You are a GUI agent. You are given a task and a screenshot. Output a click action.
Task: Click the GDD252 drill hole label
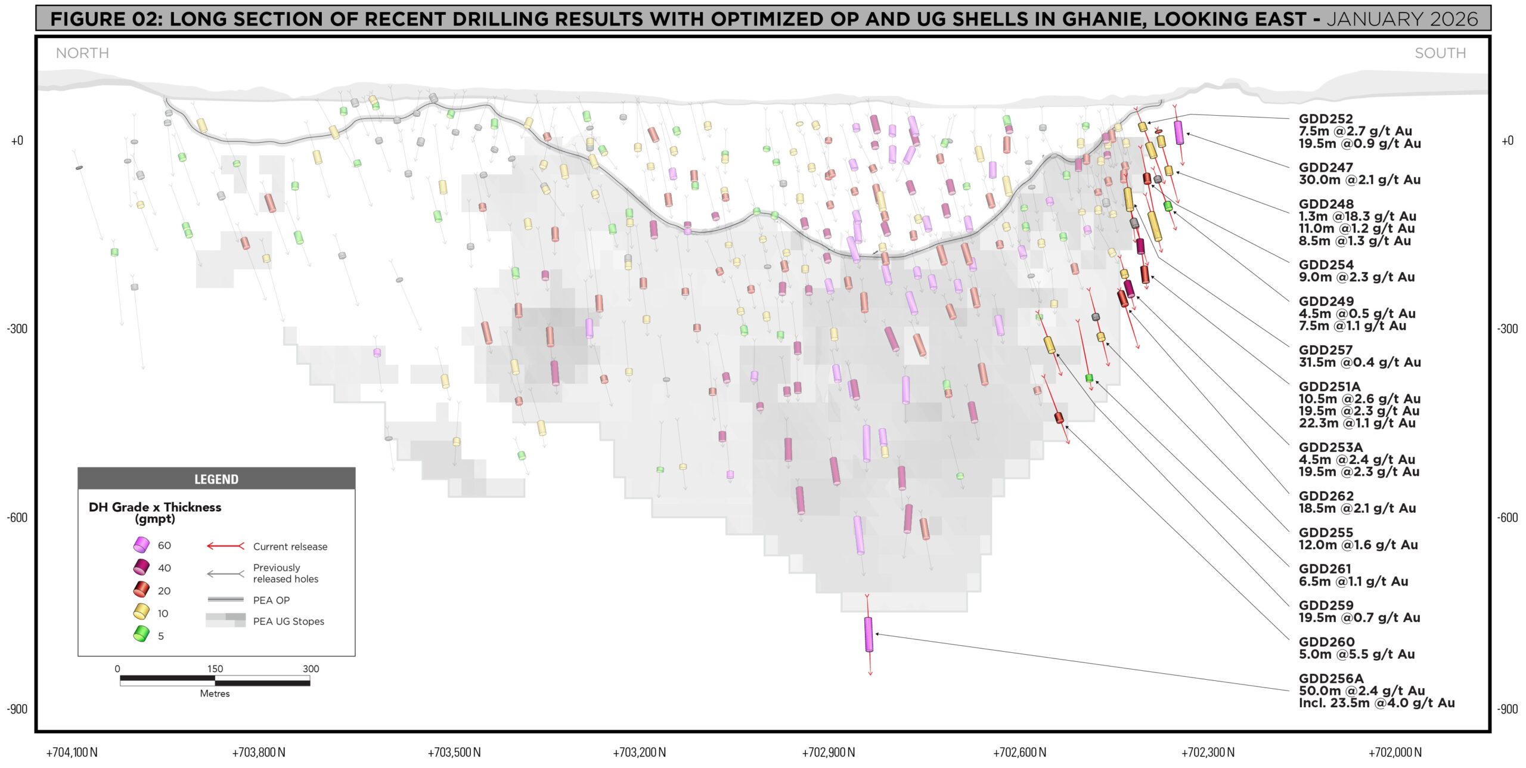coord(1326,119)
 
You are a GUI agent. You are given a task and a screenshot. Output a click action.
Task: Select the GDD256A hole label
coord(1331,679)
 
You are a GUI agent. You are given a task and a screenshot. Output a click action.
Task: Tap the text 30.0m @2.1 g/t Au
coord(1360,180)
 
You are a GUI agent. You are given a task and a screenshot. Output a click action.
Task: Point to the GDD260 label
coord(1327,642)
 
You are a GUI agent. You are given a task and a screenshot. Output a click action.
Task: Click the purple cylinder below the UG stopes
coord(869,634)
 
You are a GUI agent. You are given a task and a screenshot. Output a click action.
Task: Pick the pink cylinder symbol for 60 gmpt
coord(141,545)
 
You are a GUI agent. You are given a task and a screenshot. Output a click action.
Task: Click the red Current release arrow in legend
coord(225,546)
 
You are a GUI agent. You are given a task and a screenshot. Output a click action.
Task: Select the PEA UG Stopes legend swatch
coord(225,620)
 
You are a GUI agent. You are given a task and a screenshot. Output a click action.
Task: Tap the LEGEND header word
coord(216,479)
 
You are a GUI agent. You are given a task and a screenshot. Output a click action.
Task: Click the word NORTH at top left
coord(82,53)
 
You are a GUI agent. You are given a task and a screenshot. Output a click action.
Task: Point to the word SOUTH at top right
coord(1440,53)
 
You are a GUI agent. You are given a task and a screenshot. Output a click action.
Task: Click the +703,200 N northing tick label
coord(640,752)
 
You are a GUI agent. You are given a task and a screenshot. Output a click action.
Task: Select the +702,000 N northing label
coord(1395,752)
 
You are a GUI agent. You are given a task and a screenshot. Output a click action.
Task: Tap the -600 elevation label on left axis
coord(17,518)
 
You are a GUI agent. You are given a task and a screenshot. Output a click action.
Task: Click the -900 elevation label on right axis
coord(1508,709)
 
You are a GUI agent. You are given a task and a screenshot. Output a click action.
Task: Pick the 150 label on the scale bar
coord(215,669)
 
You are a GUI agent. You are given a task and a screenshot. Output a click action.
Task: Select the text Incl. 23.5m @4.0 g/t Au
coord(1377,703)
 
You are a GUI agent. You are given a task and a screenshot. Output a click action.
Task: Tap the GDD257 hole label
coord(1326,350)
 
